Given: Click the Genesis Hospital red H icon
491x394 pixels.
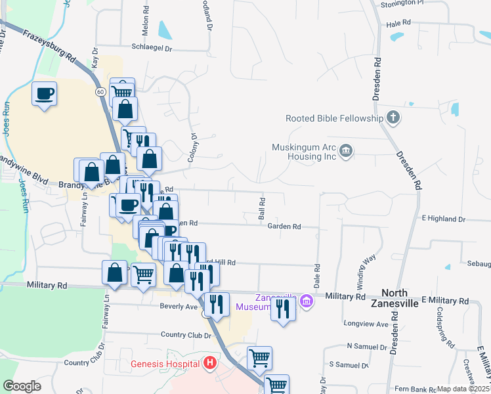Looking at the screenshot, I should (x=209, y=363).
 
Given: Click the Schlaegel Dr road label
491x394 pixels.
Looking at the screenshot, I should (x=152, y=48).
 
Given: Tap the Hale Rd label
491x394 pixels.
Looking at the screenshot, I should (x=398, y=23).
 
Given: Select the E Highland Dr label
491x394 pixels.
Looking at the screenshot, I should (x=443, y=219).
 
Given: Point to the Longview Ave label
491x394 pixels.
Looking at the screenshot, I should (x=366, y=324).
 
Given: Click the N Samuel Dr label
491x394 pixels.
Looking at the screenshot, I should (x=368, y=346).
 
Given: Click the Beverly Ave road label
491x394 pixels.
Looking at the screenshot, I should (x=179, y=307).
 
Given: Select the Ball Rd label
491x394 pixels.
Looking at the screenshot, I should (x=262, y=208).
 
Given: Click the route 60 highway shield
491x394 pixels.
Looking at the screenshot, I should (x=100, y=91).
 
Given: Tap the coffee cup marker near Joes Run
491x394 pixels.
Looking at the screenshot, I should (x=45, y=95).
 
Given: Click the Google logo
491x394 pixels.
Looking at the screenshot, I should (x=22, y=386).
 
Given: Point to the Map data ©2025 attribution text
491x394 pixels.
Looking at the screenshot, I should (x=463, y=389).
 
